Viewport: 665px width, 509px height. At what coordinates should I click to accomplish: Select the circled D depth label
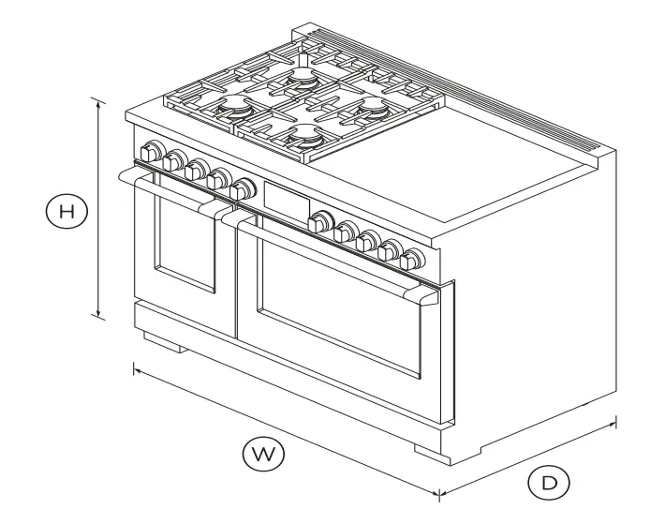click(548, 484)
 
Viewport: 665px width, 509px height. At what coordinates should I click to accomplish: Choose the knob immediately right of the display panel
click(321, 222)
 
